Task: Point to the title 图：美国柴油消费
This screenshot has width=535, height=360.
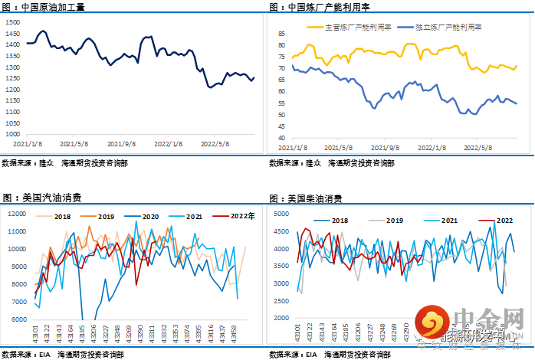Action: pyautogui.click(x=306, y=198)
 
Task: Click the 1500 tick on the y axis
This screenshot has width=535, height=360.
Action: pyautogui.click(x=13, y=22)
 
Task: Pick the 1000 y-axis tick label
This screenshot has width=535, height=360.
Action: pyautogui.click(x=13, y=134)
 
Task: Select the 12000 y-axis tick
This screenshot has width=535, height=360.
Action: pyautogui.click(x=17, y=212)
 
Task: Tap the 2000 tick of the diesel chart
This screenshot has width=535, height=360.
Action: pyautogui.click(x=284, y=318)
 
